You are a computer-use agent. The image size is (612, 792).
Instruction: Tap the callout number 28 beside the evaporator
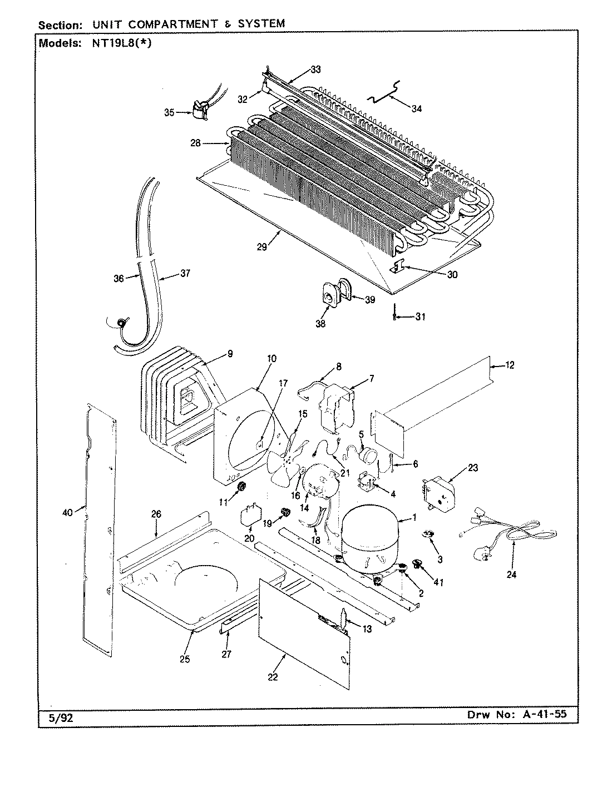(195, 143)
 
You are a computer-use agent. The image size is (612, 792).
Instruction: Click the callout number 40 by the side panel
(67, 512)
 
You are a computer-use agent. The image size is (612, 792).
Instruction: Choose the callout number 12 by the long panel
(510, 365)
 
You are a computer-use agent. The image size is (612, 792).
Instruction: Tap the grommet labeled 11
(242, 488)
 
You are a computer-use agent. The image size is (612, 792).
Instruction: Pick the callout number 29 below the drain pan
(261, 247)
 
